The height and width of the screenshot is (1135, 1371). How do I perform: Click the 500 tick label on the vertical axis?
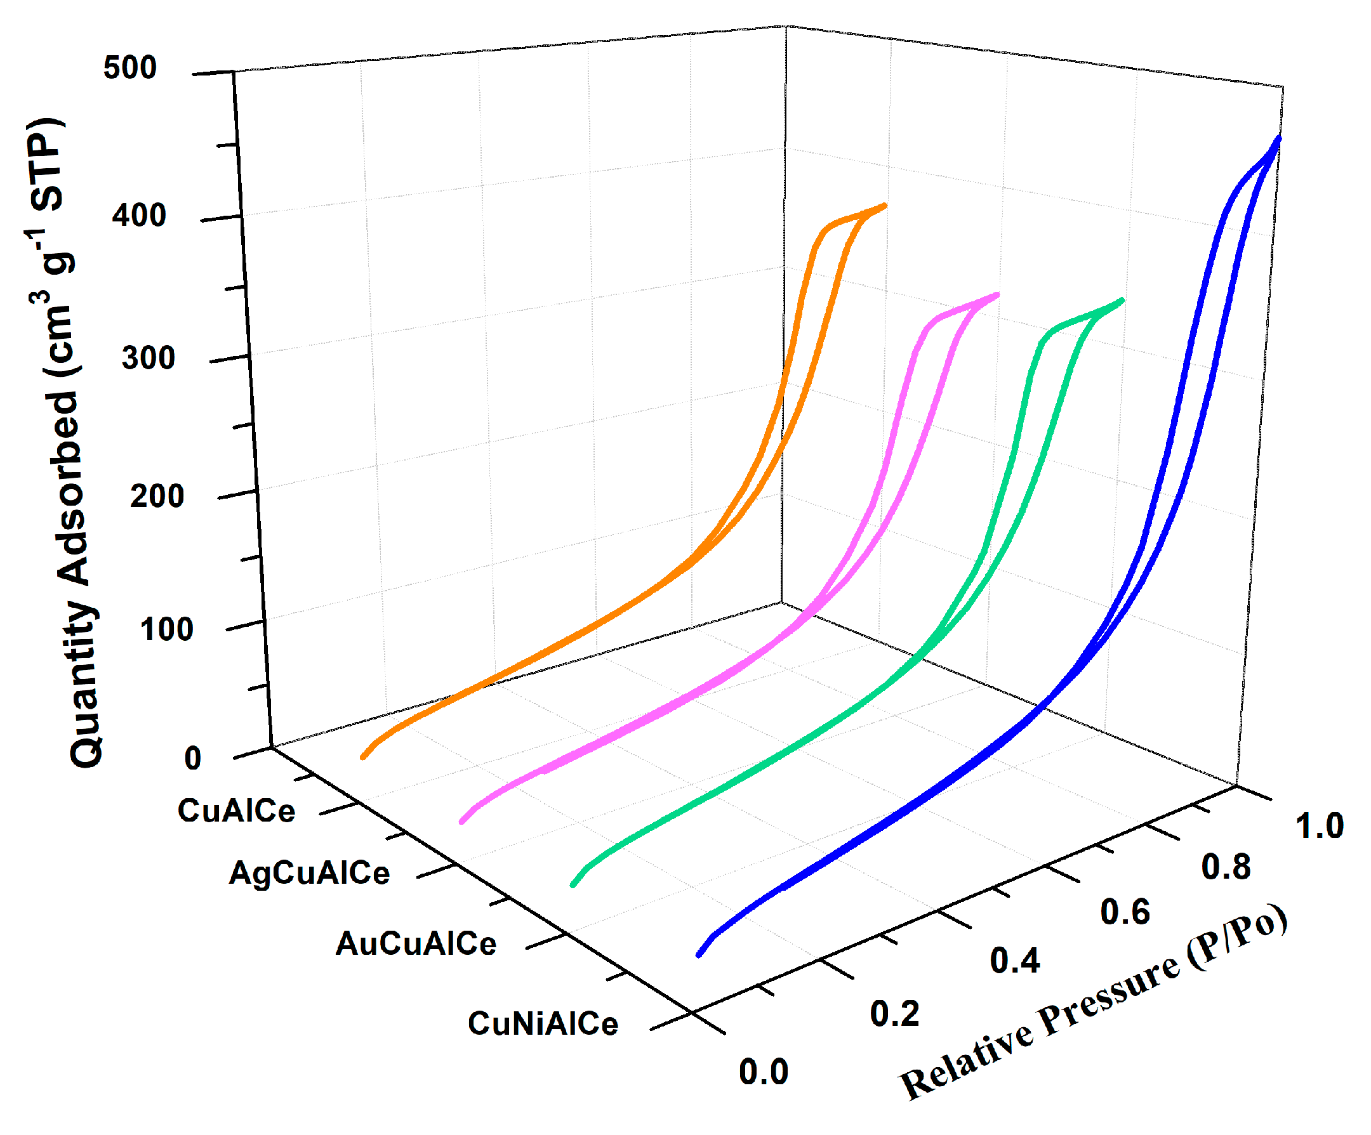(130, 68)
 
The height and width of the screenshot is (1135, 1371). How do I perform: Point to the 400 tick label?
(139, 215)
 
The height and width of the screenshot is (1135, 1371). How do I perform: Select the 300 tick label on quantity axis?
(148, 358)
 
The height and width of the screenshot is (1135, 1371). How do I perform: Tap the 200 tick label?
(157, 496)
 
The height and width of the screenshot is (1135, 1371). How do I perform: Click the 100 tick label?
(166, 629)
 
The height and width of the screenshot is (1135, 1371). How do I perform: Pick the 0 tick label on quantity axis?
(192, 758)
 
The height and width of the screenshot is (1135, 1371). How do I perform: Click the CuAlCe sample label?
(236, 811)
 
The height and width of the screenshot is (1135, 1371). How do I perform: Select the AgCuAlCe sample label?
(310, 873)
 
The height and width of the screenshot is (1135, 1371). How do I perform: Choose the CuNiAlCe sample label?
(543, 1023)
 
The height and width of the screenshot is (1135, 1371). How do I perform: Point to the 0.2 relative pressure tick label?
(894, 1014)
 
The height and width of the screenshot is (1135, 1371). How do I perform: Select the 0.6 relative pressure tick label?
(1125, 912)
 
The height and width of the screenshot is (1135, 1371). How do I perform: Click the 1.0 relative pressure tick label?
(1320, 826)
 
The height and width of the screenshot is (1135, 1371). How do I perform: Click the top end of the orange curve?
(885, 206)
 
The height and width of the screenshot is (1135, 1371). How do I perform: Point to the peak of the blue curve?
(1278, 138)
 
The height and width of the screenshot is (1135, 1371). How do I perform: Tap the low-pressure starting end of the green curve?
(573, 884)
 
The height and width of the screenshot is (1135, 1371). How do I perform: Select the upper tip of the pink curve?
(997, 295)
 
